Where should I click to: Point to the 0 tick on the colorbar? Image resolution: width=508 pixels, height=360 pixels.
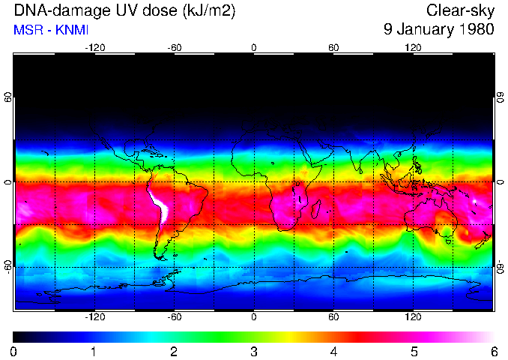[x=14, y=351]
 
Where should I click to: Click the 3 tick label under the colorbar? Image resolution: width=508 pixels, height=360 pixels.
[x=254, y=351]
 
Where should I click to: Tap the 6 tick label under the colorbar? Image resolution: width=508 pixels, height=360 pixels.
[x=493, y=351]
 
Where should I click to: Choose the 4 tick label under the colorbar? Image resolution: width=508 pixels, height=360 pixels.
[x=333, y=351]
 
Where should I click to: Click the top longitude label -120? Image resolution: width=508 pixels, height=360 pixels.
[x=94, y=48]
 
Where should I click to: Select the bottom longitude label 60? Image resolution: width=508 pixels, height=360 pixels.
[x=333, y=316]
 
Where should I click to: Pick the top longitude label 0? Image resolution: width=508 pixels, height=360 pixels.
[x=254, y=48]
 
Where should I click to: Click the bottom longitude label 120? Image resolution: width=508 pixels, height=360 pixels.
[x=413, y=316]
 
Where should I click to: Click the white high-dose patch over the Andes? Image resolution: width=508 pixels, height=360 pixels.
[x=160, y=207]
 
